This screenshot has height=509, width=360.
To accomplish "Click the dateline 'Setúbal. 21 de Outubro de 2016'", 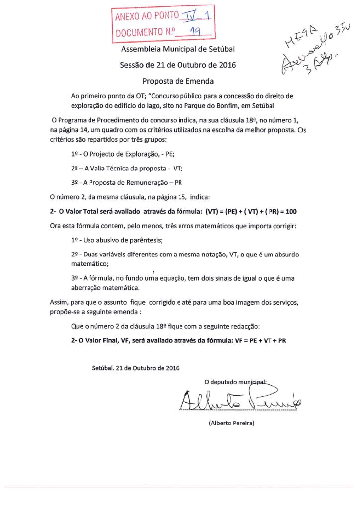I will coord(136,368).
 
